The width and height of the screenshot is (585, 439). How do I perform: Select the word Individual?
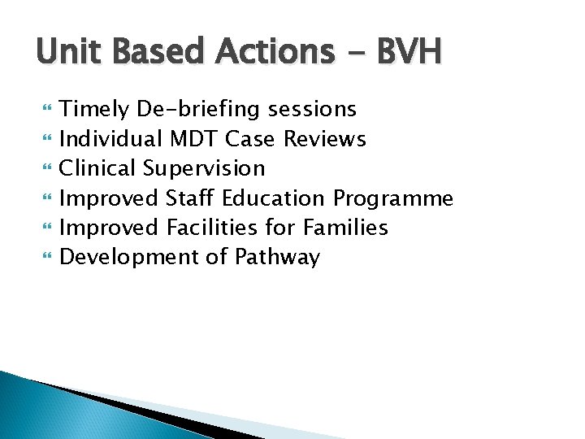[x=112, y=139]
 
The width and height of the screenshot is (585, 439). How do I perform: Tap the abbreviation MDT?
[x=195, y=139]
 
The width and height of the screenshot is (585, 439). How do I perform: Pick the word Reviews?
[x=325, y=139]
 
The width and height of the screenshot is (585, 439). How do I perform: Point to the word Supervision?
[x=205, y=169]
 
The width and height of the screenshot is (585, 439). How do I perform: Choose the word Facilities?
[x=213, y=228]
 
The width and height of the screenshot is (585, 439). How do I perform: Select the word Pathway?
[x=277, y=258]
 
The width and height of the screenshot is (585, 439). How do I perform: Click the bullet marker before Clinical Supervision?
[x=45, y=169]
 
